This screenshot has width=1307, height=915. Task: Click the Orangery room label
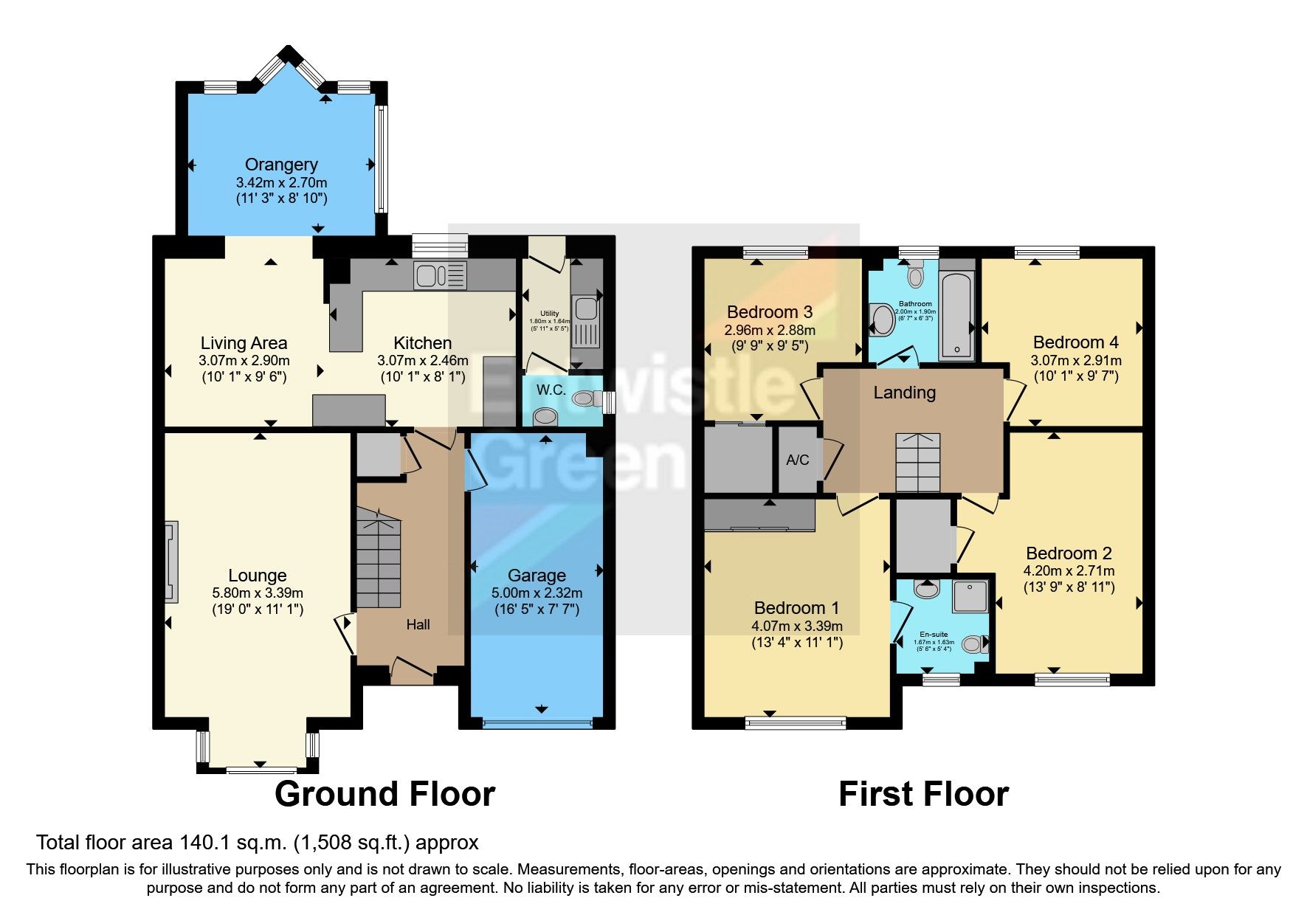point(281,165)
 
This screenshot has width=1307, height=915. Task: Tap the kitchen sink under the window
point(441,276)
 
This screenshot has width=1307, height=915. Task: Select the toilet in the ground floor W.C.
point(586,399)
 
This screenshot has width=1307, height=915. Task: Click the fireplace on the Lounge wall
point(171,562)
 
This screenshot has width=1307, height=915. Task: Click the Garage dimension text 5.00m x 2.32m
point(537,593)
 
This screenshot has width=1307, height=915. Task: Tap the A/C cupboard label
point(797,460)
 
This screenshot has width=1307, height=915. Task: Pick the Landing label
point(904,393)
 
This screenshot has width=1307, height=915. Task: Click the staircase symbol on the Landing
point(917,463)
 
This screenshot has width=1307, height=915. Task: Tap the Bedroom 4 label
point(1075,342)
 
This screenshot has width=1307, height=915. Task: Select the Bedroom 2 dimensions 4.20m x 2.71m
point(1068,570)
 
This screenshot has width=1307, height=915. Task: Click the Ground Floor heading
point(384,794)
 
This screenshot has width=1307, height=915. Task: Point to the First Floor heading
point(923,794)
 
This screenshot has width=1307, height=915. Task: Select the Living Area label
point(244,343)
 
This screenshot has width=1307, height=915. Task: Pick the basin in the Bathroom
point(881,320)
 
